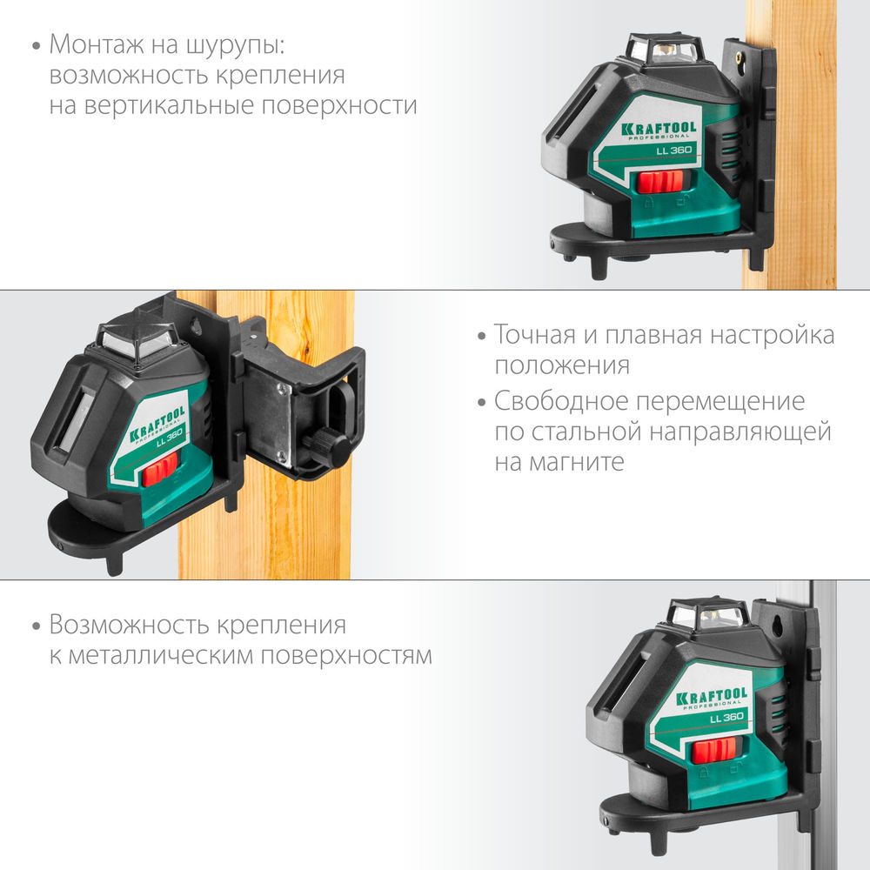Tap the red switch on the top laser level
click(x=660, y=182)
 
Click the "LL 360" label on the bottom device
click(x=726, y=718)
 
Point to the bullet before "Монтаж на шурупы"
click(x=35, y=44)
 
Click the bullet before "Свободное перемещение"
click(x=480, y=402)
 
